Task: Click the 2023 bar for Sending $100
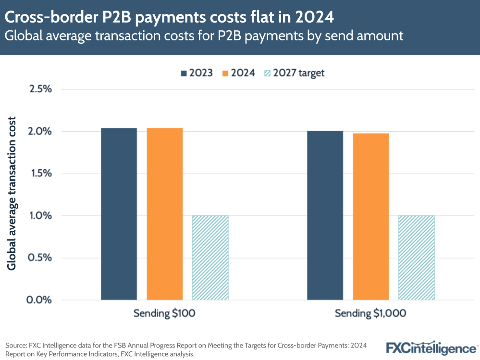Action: (119, 214)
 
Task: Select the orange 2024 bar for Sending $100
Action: (165, 214)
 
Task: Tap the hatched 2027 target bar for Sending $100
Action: (210, 258)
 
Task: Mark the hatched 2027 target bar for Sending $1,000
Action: (416, 258)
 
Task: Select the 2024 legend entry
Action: (238, 73)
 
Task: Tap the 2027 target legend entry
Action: (295, 73)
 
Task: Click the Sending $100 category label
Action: (164, 314)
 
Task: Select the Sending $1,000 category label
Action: (370, 314)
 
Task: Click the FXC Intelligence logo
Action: (431, 347)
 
